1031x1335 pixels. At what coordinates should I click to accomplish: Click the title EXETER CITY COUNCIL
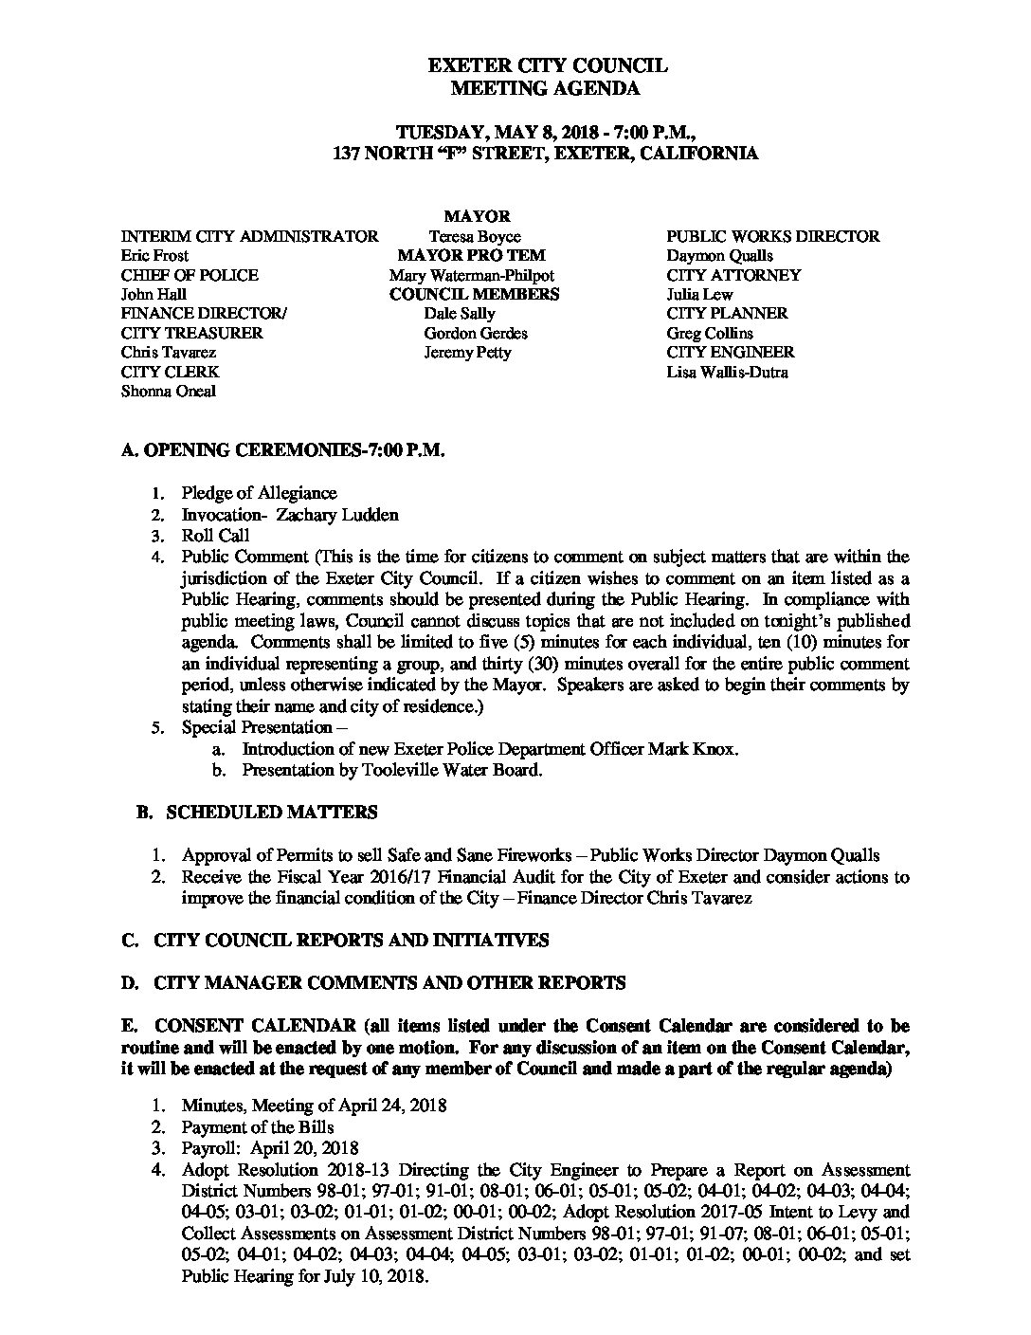pyautogui.click(x=548, y=65)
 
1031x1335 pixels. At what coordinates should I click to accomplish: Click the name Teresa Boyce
pyautogui.click(x=475, y=236)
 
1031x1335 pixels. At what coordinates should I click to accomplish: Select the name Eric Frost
pyautogui.click(x=155, y=255)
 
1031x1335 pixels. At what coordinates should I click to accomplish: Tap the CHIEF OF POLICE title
pyautogui.click(x=190, y=275)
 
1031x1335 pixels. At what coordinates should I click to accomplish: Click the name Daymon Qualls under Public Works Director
pyautogui.click(x=719, y=255)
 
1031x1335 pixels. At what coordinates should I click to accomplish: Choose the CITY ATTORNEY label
pyautogui.click(x=733, y=275)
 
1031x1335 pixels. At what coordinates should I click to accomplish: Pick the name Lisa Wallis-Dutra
pyautogui.click(x=727, y=372)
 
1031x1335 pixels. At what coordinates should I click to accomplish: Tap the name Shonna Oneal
pyautogui.click(x=169, y=391)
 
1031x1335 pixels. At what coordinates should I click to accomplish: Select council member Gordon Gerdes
pyautogui.click(x=476, y=333)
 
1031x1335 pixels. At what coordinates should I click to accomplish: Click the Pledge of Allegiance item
pyautogui.click(x=259, y=493)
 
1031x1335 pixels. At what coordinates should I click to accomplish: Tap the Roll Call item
pyautogui.click(x=215, y=536)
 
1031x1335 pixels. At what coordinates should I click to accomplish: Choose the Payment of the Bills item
pyautogui.click(x=257, y=1127)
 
